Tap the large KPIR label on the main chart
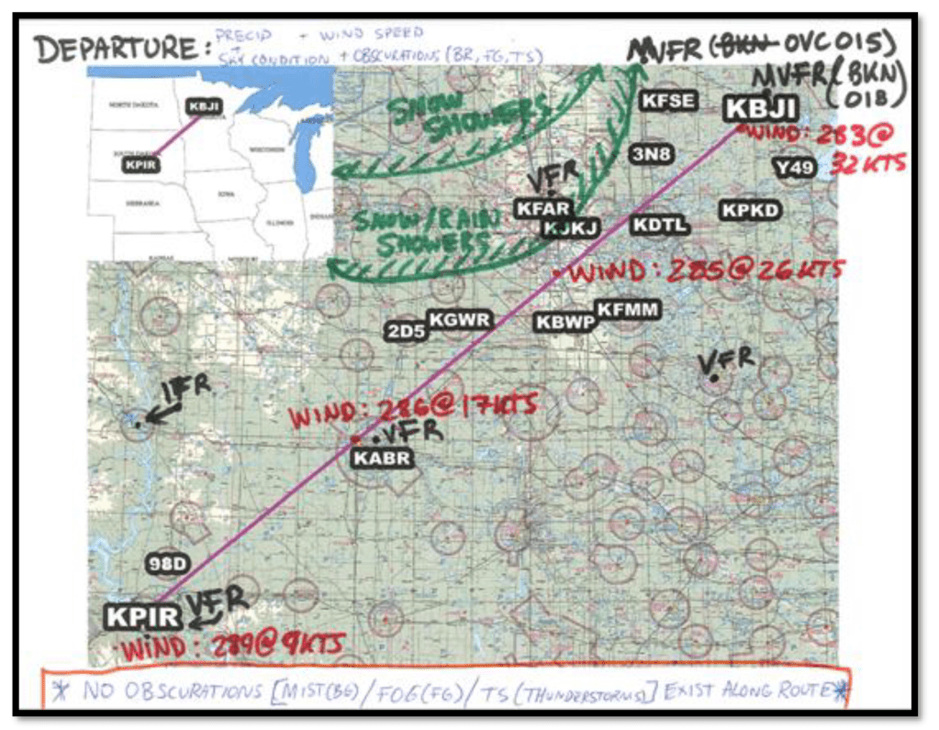[143, 617]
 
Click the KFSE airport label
[667, 101]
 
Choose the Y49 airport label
[793, 168]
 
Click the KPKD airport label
[750, 210]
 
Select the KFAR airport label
[543, 209]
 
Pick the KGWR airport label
[461, 320]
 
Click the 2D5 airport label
[406, 331]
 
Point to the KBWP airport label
[565, 322]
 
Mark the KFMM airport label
[628, 309]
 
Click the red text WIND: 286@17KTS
[411, 410]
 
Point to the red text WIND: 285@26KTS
[705, 271]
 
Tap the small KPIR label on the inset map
[140, 165]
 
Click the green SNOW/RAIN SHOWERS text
[422, 231]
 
